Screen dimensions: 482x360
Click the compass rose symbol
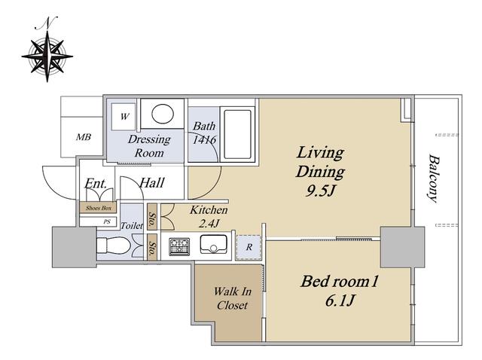(x=47, y=56)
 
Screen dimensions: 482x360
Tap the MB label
(x=84, y=137)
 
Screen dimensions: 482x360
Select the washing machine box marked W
(x=124, y=117)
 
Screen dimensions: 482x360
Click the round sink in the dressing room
(x=163, y=114)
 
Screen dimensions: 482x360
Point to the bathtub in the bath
(x=238, y=134)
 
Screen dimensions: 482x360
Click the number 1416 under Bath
(x=204, y=140)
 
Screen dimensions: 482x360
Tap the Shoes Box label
(x=99, y=208)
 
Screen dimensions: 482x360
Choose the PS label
(x=107, y=221)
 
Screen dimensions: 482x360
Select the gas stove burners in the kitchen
(x=179, y=246)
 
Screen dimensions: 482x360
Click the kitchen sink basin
(x=214, y=245)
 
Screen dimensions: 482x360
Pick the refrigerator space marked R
(x=249, y=247)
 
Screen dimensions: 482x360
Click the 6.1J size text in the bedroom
(x=340, y=301)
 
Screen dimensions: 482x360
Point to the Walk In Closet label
(x=233, y=298)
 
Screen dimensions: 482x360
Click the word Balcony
(x=434, y=178)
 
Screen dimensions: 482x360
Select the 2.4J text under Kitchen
(x=209, y=224)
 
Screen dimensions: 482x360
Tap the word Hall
(x=152, y=182)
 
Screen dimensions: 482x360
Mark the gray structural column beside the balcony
(x=402, y=247)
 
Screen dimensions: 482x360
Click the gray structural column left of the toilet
(x=74, y=247)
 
